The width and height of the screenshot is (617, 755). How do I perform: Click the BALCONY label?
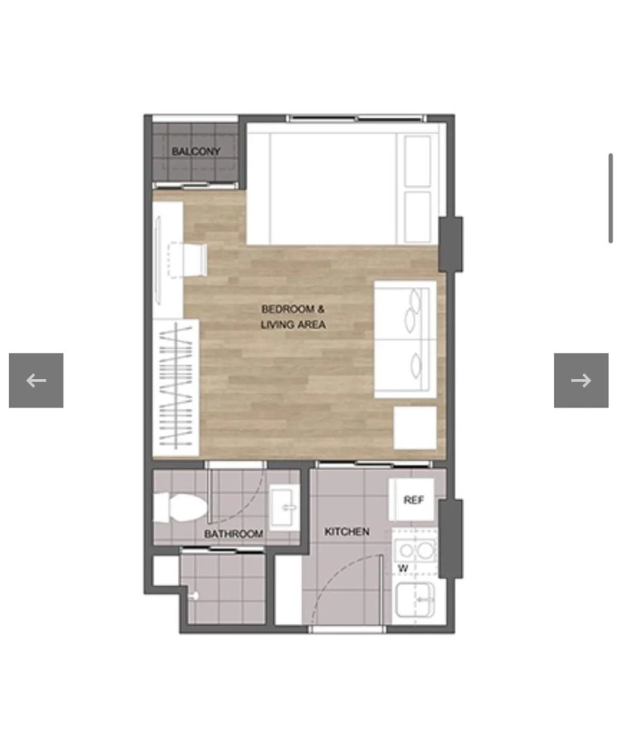pyautogui.click(x=196, y=151)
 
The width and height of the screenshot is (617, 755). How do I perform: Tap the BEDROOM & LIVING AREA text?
pyautogui.click(x=293, y=317)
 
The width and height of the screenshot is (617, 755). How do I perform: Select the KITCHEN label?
pyautogui.click(x=347, y=532)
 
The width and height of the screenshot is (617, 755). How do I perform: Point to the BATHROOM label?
pyautogui.click(x=233, y=534)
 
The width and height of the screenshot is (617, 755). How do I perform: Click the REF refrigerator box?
pyautogui.click(x=412, y=500)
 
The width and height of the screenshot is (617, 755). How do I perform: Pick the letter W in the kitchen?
pyautogui.click(x=403, y=569)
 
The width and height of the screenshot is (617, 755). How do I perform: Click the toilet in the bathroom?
pyautogui.click(x=180, y=507)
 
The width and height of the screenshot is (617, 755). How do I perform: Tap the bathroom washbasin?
pyautogui.click(x=284, y=507)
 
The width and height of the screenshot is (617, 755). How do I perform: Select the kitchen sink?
pyautogui.click(x=415, y=600)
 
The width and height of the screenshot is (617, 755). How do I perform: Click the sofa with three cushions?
pyautogui.click(x=406, y=340)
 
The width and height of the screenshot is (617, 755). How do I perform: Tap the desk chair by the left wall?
pyautogui.click(x=187, y=260)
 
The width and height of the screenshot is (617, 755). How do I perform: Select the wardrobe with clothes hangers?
pyautogui.click(x=176, y=387)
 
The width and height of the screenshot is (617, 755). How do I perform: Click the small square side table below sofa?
pyautogui.click(x=415, y=427)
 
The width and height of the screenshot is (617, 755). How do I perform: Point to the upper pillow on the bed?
pyautogui.click(x=418, y=161)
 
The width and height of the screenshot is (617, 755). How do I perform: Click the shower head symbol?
pyautogui.click(x=194, y=596)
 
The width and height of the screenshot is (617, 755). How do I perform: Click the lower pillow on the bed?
pyautogui.click(x=418, y=217)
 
